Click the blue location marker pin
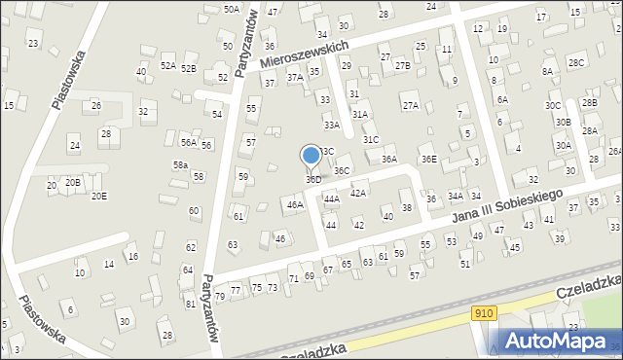tap(311, 157)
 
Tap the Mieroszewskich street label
tap(304, 55)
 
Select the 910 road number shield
tap(485, 312)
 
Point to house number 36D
tap(313, 180)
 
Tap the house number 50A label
tap(231, 9)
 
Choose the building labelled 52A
tap(168, 66)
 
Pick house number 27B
tap(403, 65)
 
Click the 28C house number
tap(577, 63)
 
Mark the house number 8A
tap(547, 71)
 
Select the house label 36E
tap(428, 159)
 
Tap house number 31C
tap(371, 140)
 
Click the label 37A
tap(293, 77)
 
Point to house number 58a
tap(180, 165)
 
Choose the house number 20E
tap(99, 196)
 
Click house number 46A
tap(294, 205)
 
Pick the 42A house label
tap(357, 194)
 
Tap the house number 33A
tap(332, 126)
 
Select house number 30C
tap(553, 105)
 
